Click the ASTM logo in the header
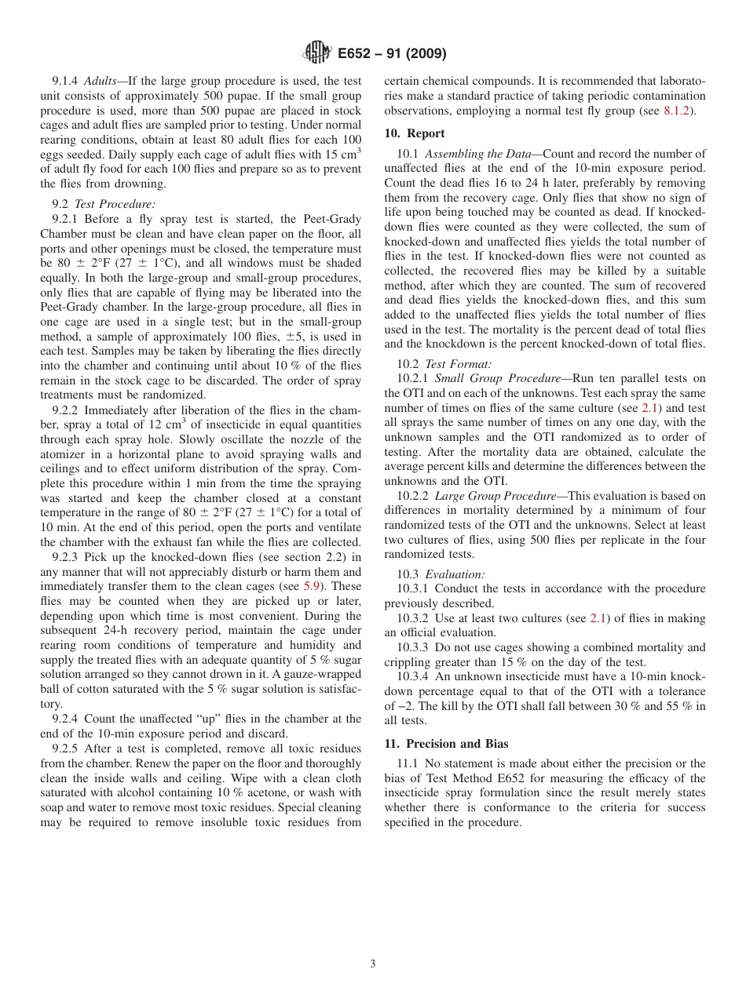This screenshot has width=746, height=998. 317,53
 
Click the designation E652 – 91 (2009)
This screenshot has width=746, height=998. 391,53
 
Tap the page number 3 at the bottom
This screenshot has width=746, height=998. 373,964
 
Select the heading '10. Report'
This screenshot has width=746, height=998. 415,133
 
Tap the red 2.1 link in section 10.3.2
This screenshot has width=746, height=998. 599,618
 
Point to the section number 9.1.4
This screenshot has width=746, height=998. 68,81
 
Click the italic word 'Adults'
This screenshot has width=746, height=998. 104,81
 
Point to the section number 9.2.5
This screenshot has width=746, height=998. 68,748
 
